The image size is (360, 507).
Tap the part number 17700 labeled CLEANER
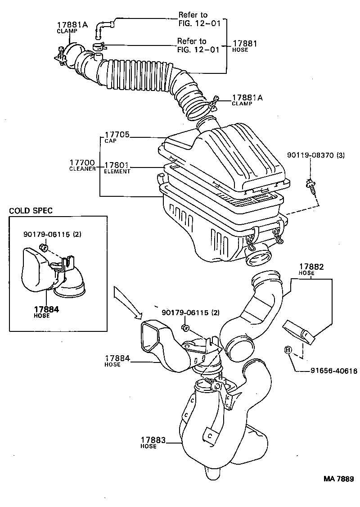click(81, 162)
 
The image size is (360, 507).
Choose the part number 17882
click(310, 267)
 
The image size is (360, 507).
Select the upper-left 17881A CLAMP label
click(68, 25)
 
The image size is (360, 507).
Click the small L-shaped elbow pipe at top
click(103, 28)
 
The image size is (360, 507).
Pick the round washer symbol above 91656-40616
click(287, 350)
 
